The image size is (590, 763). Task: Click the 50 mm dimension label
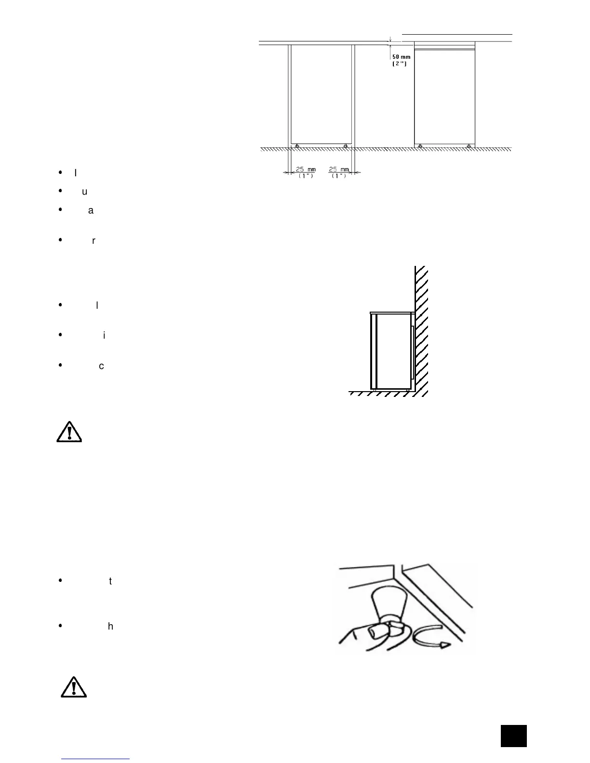pyautogui.click(x=401, y=57)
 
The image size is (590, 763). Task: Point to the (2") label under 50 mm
pyautogui.click(x=400, y=64)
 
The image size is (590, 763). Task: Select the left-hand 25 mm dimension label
pyautogui.click(x=306, y=170)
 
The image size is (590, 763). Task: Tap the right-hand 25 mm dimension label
pyautogui.click(x=339, y=170)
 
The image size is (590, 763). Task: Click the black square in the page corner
pyautogui.click(x=513, y=736)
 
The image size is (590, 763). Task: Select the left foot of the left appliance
pyautogui.click(x=297, y=146)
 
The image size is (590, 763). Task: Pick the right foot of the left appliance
pyautogui.click(x=346, y=146)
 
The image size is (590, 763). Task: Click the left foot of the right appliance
pyautogui.click(x=421, y=146)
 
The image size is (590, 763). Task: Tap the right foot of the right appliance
pyautogui.click(x=469, y=146)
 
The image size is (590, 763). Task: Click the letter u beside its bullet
pyautogui.click(x=85, y=192)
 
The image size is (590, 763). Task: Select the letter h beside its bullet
pyautogui.click(x=110, y=627)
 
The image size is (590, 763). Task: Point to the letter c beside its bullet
pyautogui.click(x=101, y=366)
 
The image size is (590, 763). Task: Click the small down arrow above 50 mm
pyautogui.click(x=390, y=40)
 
